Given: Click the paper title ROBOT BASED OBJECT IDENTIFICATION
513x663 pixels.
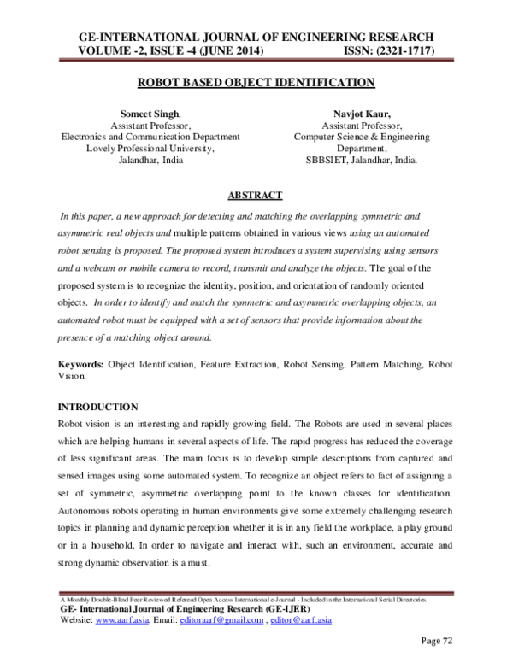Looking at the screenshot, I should [256, 83].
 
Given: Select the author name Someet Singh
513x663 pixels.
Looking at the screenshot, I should [149, 113].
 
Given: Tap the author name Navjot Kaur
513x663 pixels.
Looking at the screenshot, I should [362, 113].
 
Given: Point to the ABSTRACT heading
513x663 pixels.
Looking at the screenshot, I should [256, 195].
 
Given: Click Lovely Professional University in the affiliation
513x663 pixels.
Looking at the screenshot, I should [150, 148].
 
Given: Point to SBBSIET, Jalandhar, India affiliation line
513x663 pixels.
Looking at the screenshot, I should [362, 160].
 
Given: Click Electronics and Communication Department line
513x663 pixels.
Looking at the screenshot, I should [150, 136].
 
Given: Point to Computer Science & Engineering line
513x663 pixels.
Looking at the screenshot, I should [362, 136].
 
